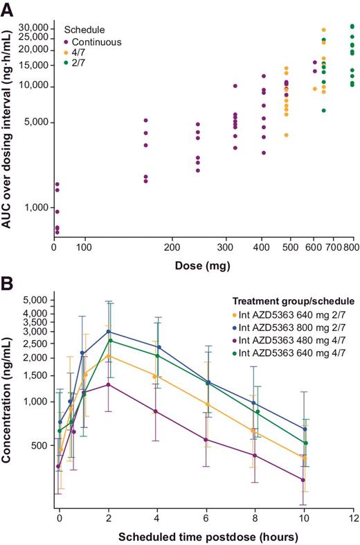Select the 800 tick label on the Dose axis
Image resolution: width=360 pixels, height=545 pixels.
(x=353, y=246)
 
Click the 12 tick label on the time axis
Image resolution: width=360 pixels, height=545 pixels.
(x=353, y=519)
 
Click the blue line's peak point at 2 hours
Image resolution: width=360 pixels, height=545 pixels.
(x=109, y=332)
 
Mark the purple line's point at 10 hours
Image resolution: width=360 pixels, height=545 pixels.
(x=303, y=480)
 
